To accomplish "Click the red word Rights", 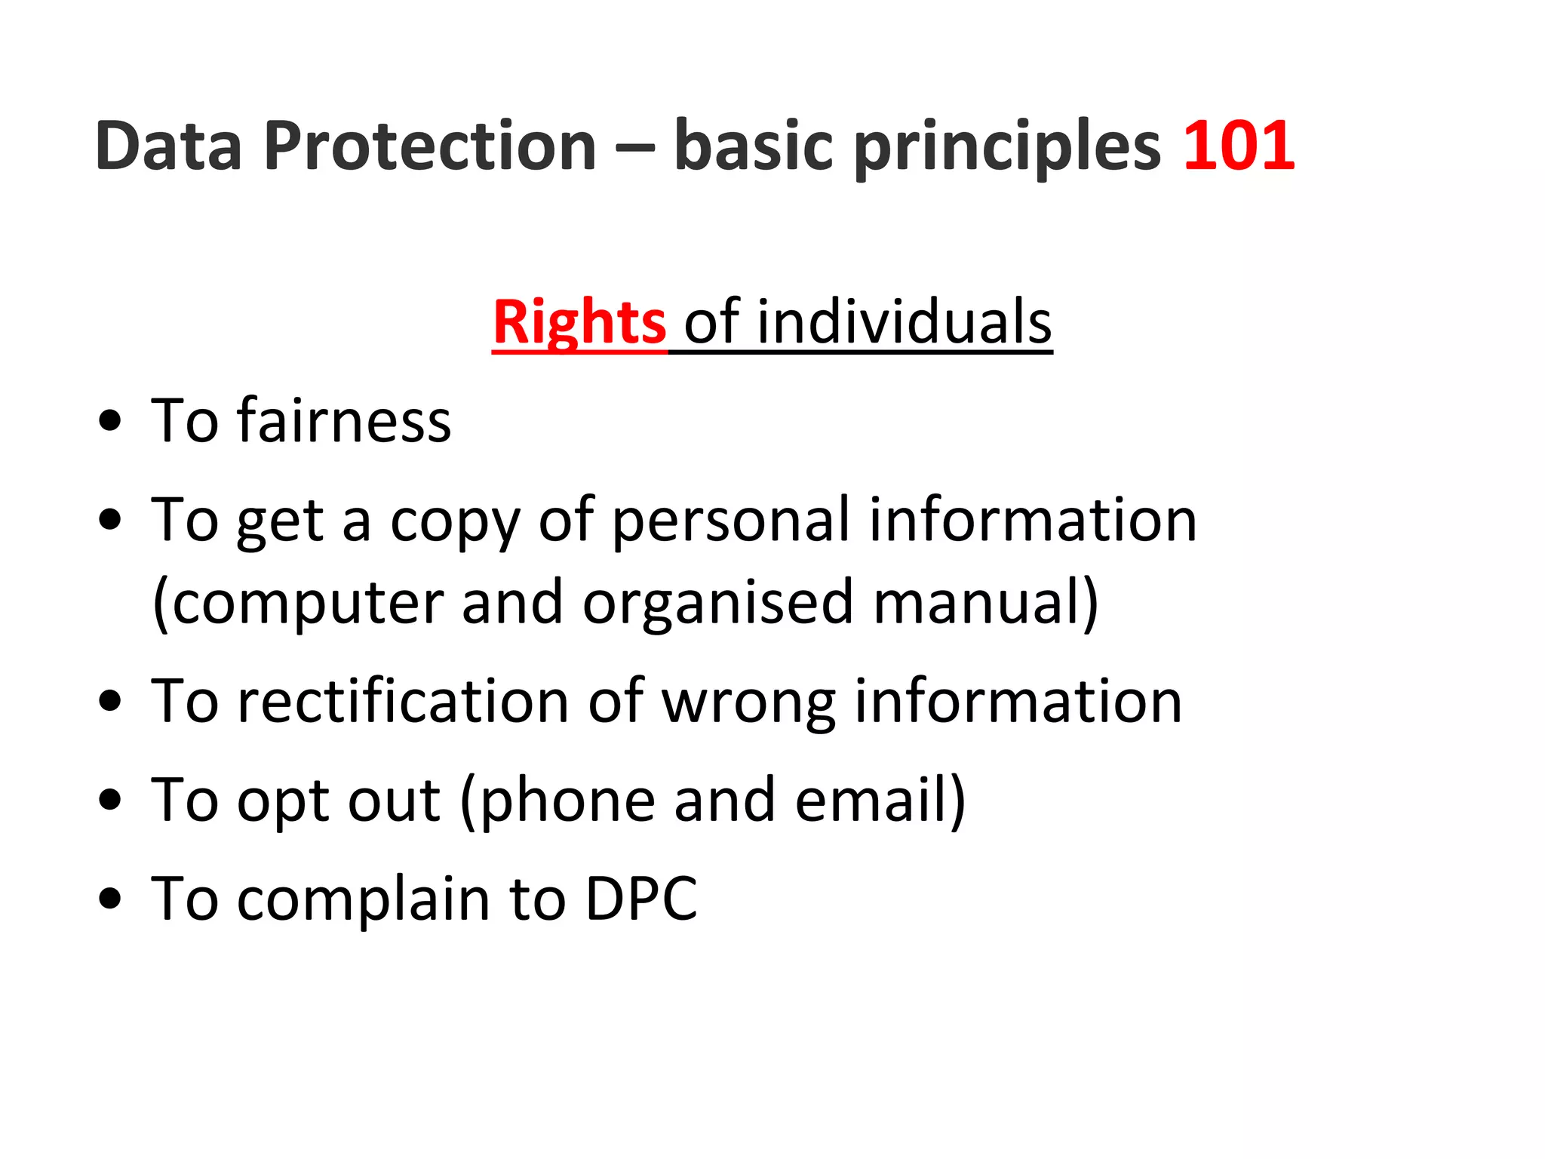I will [x=579, y=323].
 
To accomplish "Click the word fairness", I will [x=344, y=420].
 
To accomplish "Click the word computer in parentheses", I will [x=308, y=603].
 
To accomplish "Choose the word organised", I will [x=717, y=603].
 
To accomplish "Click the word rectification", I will [x=403, y=701].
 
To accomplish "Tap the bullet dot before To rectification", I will [x=110, y=701].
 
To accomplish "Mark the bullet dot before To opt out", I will [x=110, y=800].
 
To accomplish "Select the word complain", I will [x=364, y=900].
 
